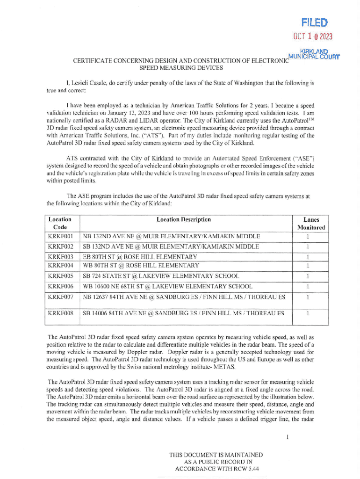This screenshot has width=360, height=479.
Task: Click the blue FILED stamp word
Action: pyautogui.click(x=314, y=22)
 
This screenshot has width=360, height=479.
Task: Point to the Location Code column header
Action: pyautogui.click(x=60, y=223)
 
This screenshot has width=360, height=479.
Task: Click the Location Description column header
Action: pyautogui.click(x=184, y=219)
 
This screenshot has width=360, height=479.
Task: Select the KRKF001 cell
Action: pyautogui.click(x=61, y=236)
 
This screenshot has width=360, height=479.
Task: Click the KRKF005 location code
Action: pyautogui.click(x=61, y=276)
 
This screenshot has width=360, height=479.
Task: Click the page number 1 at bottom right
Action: pyautogui.click(x=290, y=437)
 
